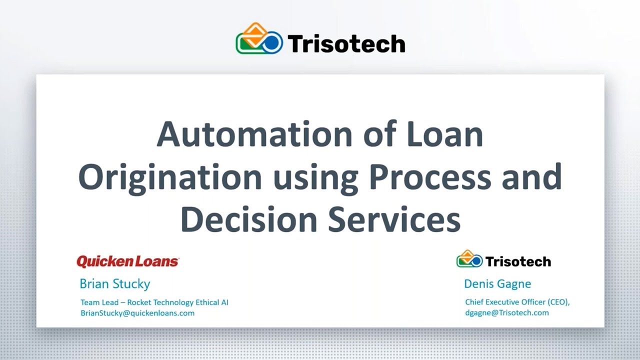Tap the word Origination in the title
[170, 177]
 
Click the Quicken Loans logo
[127, 261]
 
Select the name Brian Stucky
[114, 284]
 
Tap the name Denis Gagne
[497, 284]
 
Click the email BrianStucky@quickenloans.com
[137, 313]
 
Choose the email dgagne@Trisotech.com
[506, 313]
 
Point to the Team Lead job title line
[154, 302]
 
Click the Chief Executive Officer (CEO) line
[517, 302]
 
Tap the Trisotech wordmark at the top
[346, 44]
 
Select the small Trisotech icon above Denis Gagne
[469, 259]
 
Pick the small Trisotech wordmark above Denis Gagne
[518, 261]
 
